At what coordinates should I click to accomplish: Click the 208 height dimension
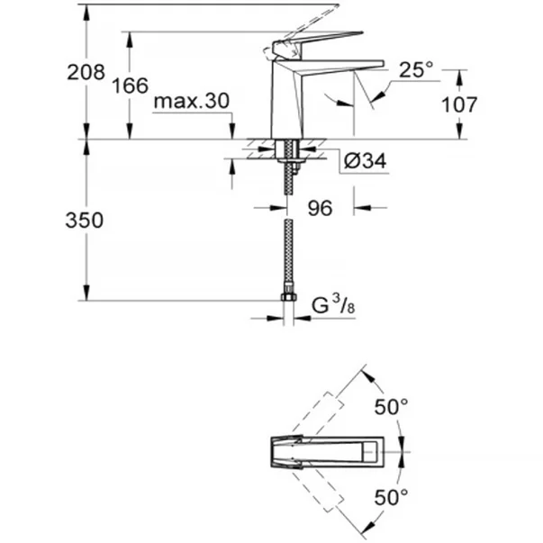tap(86, 73)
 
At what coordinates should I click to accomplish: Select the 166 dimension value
tap(131, 86)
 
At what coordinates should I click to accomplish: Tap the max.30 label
tap(191, 102)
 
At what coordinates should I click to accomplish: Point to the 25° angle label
tap(416, 69)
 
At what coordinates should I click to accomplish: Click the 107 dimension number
tap(459, 104)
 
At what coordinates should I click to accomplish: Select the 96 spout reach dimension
tap(321, 208)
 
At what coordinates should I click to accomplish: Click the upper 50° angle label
tap(392, 407)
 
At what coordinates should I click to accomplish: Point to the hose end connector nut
tap(287, 298)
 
